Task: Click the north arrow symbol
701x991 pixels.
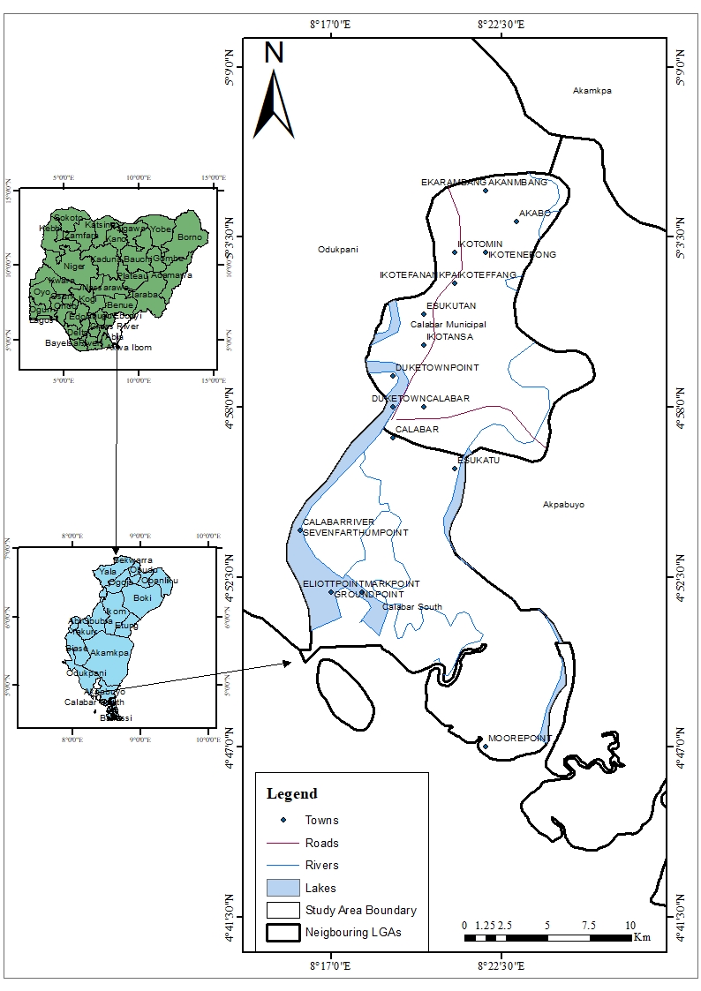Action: tap(274, 101)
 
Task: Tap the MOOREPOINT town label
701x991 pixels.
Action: tap(519, 739)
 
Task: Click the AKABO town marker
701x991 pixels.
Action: tap(516, 221)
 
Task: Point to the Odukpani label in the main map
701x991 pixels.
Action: tap(338, 250)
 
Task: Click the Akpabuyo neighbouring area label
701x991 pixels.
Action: tap(563, 505)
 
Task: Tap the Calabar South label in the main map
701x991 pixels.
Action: tap(412, 607)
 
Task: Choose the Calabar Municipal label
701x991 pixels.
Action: tap(448, 325)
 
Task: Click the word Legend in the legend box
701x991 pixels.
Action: tap(291, 794)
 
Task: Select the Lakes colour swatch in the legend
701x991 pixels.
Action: tap(284, 887)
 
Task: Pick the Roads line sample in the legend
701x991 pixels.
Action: tap(284, 843)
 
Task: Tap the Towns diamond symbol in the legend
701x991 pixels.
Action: tap(284, 821)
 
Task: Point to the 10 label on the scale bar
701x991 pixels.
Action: tap(630, 925)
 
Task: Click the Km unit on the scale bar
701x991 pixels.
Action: tap(642, 937)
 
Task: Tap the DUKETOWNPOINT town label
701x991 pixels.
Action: tap(437, 367)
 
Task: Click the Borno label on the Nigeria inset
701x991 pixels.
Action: tap(190, 237)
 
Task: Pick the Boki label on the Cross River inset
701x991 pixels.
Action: tap(142, 597)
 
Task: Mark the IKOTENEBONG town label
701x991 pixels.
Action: tap(522, 255)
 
